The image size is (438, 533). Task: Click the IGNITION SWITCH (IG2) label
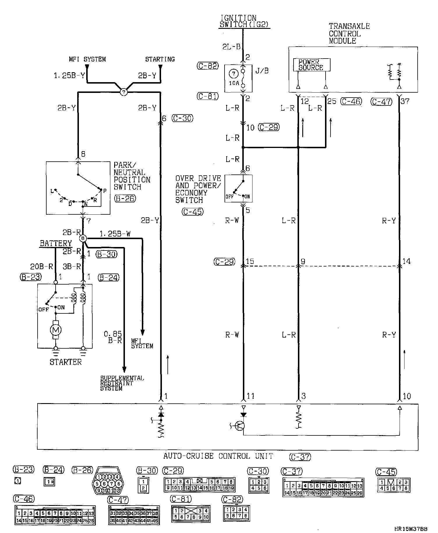(x=239, y=22)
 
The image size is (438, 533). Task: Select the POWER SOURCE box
(x=311, y=65)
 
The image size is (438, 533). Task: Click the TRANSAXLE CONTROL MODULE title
(x=349, y=33)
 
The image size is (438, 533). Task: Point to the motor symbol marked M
(x=56, y=330)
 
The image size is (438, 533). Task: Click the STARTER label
(x=66, y=362)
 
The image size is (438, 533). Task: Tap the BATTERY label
(x=56, y=243)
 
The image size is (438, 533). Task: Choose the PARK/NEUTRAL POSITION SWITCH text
(x=132, y=176)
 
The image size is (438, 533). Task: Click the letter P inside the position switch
(x=105, y=191)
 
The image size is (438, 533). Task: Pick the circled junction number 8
(x=83, y=239)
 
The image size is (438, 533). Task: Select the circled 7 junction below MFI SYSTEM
(x=124, y=92)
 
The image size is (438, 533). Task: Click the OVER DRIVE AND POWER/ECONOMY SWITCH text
(x=198, y=189)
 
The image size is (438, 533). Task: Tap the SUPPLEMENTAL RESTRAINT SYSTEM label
(x=122, y=383)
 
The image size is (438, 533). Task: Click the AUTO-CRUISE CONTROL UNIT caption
(x=218, y=456)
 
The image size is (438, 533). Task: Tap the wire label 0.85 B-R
(x=113, y=337)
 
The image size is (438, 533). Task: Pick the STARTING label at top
(x=160, y=59)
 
